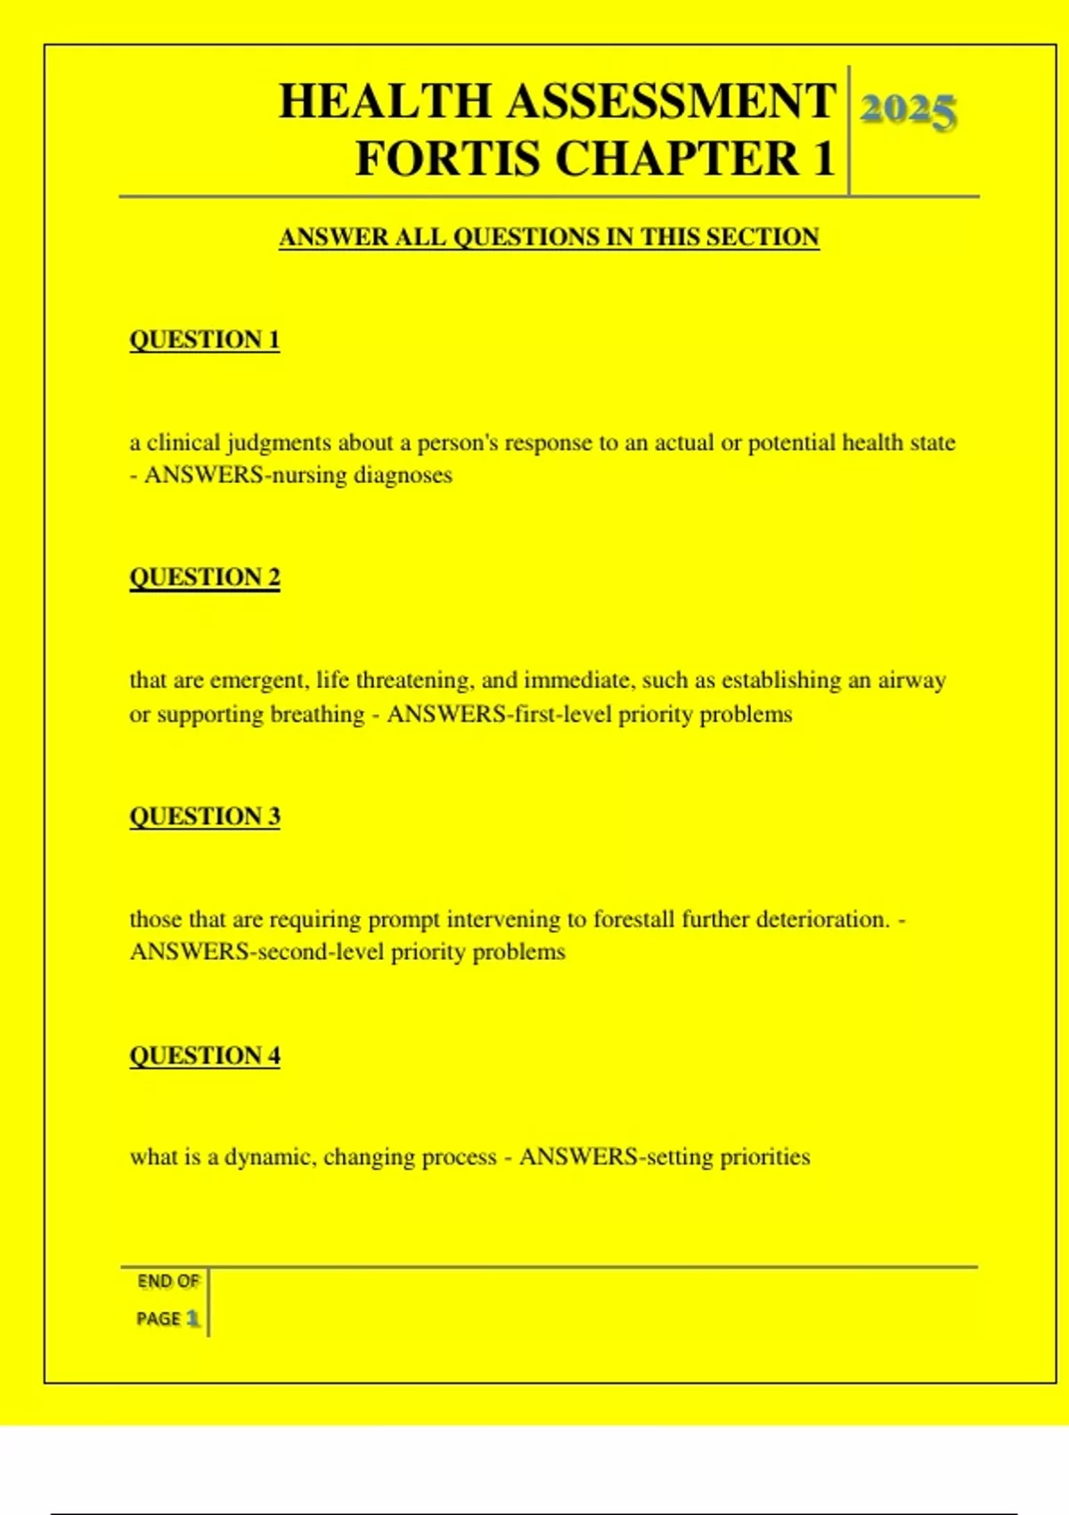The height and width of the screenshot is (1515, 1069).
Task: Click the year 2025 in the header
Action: coord(908,110)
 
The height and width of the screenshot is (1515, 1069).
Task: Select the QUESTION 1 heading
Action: coord(205,340)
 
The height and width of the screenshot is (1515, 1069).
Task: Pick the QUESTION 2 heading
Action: coord(205,577)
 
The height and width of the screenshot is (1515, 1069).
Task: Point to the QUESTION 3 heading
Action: coord(205,816)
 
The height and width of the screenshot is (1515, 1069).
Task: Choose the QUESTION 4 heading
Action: coord(205,1055)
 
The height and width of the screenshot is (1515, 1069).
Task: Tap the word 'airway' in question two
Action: coord(911,681)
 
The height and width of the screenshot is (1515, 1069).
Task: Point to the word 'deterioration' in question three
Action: coord(821,919)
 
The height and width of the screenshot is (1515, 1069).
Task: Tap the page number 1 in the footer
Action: coord(192,1318)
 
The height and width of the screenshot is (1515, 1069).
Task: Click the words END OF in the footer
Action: coord(167,1282)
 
